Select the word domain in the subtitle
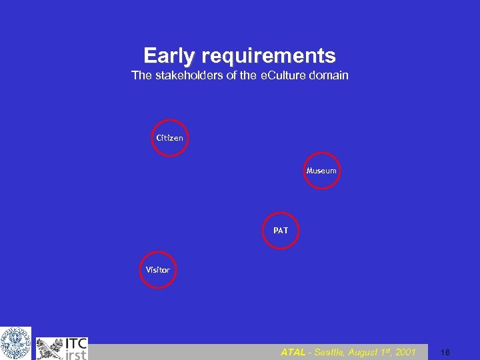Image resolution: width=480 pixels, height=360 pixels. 327,75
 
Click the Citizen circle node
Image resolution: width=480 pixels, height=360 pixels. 170,138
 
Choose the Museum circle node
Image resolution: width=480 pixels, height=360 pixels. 321,171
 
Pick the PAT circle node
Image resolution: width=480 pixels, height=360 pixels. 281,231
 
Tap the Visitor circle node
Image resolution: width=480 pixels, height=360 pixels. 158,270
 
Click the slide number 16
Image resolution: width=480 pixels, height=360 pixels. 445,352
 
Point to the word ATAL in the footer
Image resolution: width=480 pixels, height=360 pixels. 293,352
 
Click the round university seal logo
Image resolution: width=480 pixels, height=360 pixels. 15,343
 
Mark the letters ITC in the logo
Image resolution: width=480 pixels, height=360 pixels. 75,344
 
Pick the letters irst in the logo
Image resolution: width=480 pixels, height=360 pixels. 75,355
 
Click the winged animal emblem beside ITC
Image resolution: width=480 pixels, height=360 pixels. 49,348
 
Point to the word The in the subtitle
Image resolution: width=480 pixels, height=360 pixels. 141,75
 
